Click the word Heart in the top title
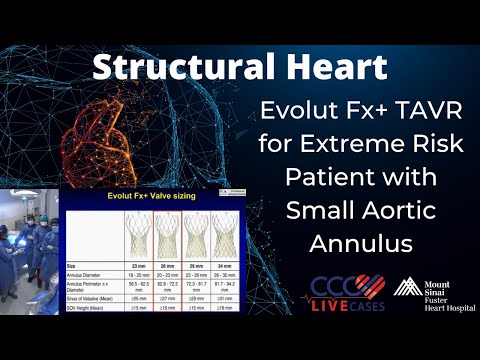click(331, 68)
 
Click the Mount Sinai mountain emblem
click(406, 287)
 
